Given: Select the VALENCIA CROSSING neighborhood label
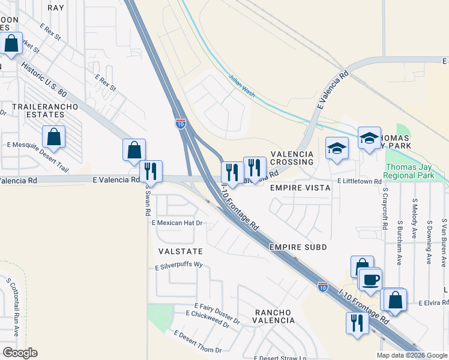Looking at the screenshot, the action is pyautogui.click(x=292, y=158).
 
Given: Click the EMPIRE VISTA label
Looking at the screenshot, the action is pyautogui.click(x=300, y=188).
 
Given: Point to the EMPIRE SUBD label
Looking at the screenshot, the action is pyautogui.click(x=298, y=247).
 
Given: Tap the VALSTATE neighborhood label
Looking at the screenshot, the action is pyautogui.click(x=180, y=251).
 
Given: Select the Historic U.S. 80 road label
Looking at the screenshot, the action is pyautogui.click(x=45, y=76).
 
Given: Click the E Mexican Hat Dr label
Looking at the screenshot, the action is pyautogui.click(x=178, y=223).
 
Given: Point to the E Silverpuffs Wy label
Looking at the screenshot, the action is pyautogui.click(x=179, y=266).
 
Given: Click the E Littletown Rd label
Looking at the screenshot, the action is pyautogui.click(x=359, y=181).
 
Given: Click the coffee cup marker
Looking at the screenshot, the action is pyautogui.click(x=370, y=279).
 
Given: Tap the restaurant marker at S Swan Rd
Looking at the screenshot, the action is pyautogui.click(x=151, y=172).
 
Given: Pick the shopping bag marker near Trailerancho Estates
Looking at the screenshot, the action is pyautogui.click(x=54, y=137).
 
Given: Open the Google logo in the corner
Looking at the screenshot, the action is pyautogui.click(x=20, y=353).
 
